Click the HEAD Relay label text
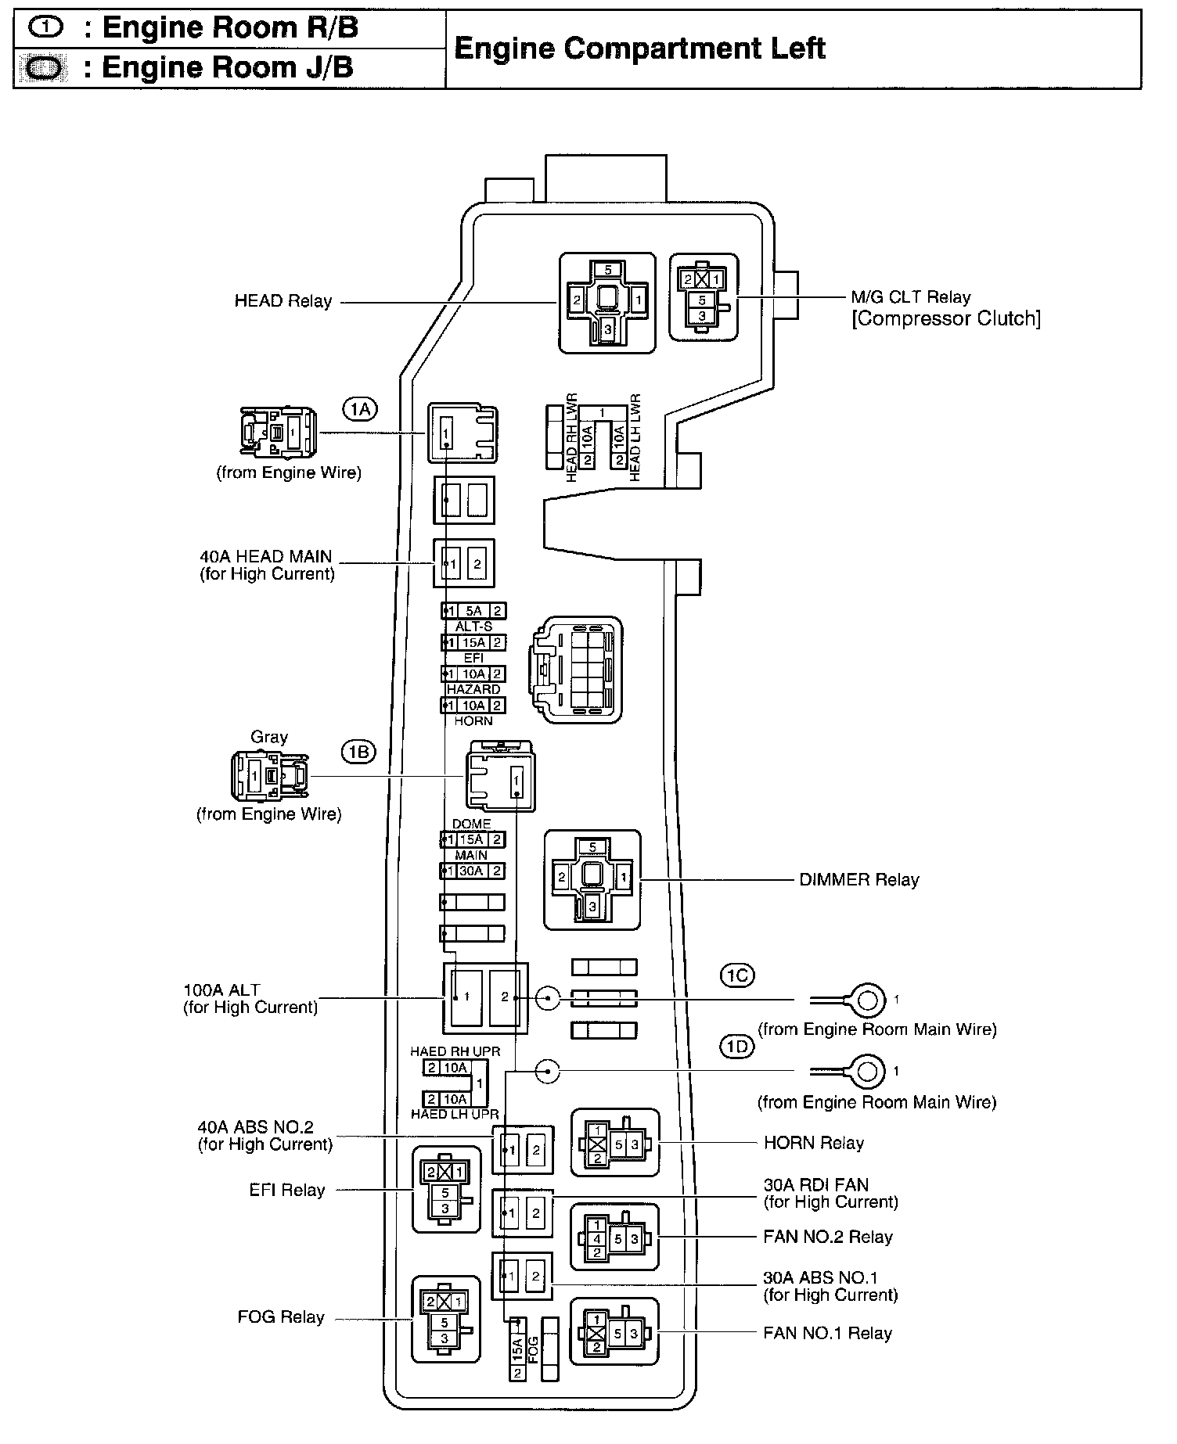pyautogui.click(x=283, y=301)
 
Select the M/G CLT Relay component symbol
pyautogui.click(x=703, y=296)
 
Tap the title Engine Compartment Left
pyautogui.click(x=639, y=48)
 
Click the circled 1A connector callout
pyautogui.click(x=359, y=408)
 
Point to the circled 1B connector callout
pyautogui.click(x=358, y=753)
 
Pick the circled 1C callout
pyautogui.click(x=737, y=975)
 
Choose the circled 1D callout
pyautogui.click(x=737, y=1047)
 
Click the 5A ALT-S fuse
pyautogui.click(x=473, y=611)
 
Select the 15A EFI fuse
pyautogui.click(x=473, y=643)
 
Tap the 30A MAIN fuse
pyautogui.click(x=472, y=871)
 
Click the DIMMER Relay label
pyautogui.click(x=858, y=880)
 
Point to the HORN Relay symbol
pyautogui.click(x=615, y=1144)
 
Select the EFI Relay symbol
pyautogui.click(x=446, y=1191)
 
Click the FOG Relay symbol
pyautogui.click(x=445, y=1318)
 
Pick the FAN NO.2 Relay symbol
pyautogui.click(x=615, y=1237)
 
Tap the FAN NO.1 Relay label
pyautogui.click(x=827, y=1334)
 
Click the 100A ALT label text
pyautogui.click(x=221, y=990)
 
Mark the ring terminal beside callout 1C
pyautogui.click(x=866, y=1000)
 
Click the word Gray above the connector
pyautogui.click(x=269, y=737)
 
